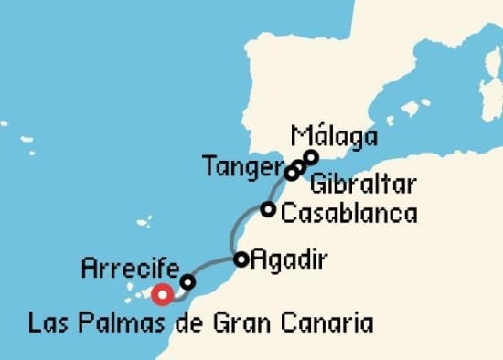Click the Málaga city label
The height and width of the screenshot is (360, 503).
(334, 137)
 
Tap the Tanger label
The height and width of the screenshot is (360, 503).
(241, 167)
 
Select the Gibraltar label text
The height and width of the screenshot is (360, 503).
(363, 185)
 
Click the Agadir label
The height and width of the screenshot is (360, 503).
(288, 259)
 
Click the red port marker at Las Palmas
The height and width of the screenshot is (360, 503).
(163, 294)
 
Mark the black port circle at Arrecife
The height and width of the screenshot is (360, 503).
(187, 282)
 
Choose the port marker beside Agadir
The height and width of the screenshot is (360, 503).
(241, 259)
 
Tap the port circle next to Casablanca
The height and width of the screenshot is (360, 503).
(267, 209)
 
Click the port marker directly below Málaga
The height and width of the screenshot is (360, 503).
(311, 156)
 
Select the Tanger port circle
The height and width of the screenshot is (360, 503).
(291, 173)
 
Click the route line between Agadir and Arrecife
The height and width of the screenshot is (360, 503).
(215, 264)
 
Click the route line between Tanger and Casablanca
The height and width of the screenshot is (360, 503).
(276, 191)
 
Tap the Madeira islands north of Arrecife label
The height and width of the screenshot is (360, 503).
(144, 221)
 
